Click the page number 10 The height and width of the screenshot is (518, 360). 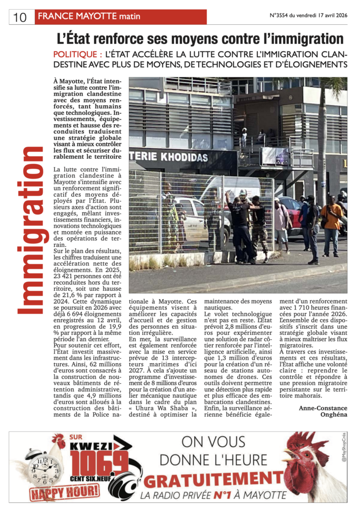click(x=19, y=17)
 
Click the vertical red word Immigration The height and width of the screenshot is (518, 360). click(x=31, y=230)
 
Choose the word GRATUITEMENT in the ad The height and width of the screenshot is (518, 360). click(x=213, y=478)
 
